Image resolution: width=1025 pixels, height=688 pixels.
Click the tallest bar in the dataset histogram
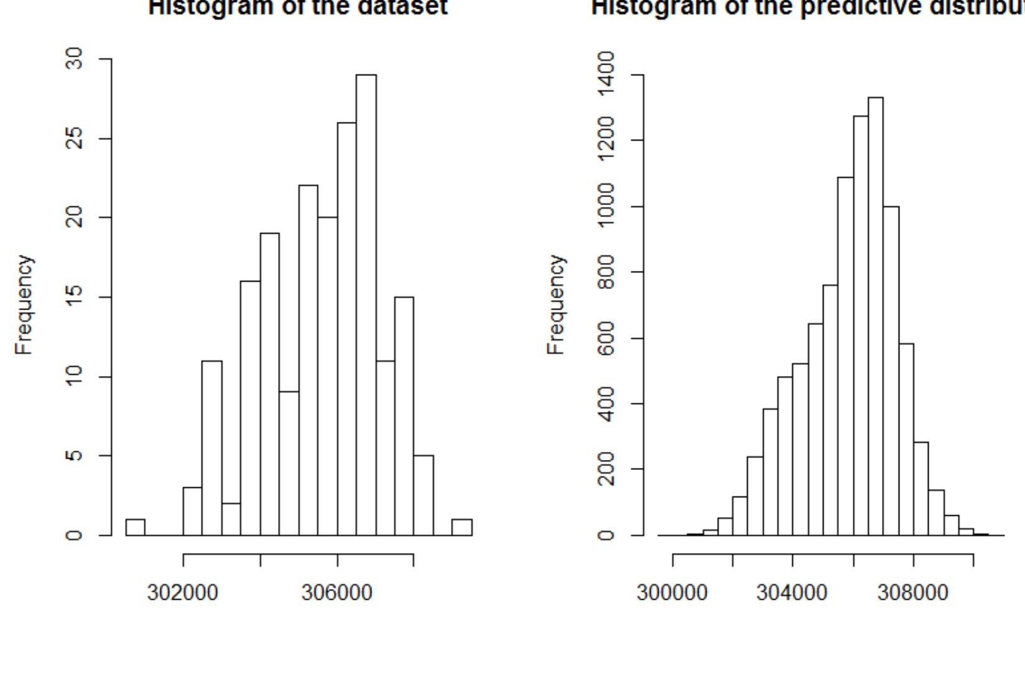click(x=366, y=305)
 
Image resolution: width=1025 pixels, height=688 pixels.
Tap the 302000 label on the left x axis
click(x=182, y=593)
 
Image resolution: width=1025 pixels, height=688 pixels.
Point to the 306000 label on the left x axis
click(x=336, y=593)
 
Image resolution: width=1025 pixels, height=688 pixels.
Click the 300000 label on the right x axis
click(x=672, y=593)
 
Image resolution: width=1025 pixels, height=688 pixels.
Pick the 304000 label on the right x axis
click(x=792, y=593)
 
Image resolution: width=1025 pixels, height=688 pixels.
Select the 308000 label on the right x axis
click(x=912, y=593)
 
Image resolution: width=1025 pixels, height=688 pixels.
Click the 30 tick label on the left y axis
click(x=75, y=59)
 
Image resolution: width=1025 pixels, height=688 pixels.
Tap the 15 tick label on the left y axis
click(x=75, y=297)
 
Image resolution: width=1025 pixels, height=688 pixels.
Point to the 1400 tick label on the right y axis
click(x=605, y=74)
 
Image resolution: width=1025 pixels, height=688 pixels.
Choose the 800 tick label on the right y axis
click(x=605, y=272)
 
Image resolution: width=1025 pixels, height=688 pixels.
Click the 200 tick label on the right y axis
click(x=605, y=469)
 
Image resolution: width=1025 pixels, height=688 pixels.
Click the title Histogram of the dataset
click(x=297, y=7)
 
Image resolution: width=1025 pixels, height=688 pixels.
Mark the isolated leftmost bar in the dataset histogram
click(x=135, y=527)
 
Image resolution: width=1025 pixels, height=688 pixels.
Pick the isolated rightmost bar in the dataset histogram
click(x=461, y=527)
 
